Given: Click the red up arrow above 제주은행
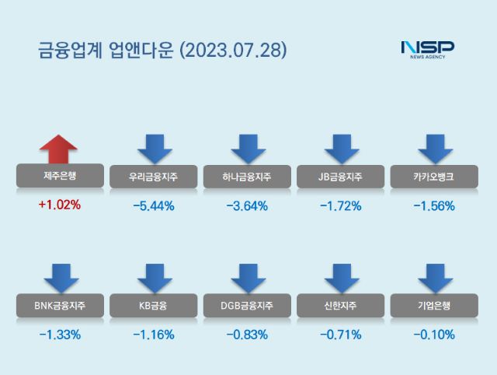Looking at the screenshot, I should [x=58, y=149].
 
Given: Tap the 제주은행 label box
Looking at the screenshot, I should [x=58, y=177].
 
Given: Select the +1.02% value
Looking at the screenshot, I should [x=58, y=206].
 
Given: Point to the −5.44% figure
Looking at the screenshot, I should [x=153, y=206].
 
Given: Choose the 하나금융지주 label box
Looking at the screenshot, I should [x=247, y=177].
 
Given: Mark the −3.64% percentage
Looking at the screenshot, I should [x=247, y=206].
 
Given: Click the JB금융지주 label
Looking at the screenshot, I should [x=341, y=177].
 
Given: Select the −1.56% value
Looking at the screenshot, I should [x=435, y=206].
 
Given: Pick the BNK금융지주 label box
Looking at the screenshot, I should [x=58, y=306].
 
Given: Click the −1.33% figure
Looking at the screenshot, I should [x=58, y=335].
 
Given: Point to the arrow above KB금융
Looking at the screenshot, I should [x=153, y=278].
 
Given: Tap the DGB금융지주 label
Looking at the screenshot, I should [x=247, y=306].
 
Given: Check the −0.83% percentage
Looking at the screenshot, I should [x=247, y=335].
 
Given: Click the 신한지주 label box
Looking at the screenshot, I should [x=341, y=306].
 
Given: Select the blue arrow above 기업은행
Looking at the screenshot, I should [x=435, y=278].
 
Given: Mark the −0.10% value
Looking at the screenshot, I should [x=435, y=335].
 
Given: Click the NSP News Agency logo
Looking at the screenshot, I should [x=427, y=49].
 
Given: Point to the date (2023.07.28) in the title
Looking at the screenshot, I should [x=234, y=51].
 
